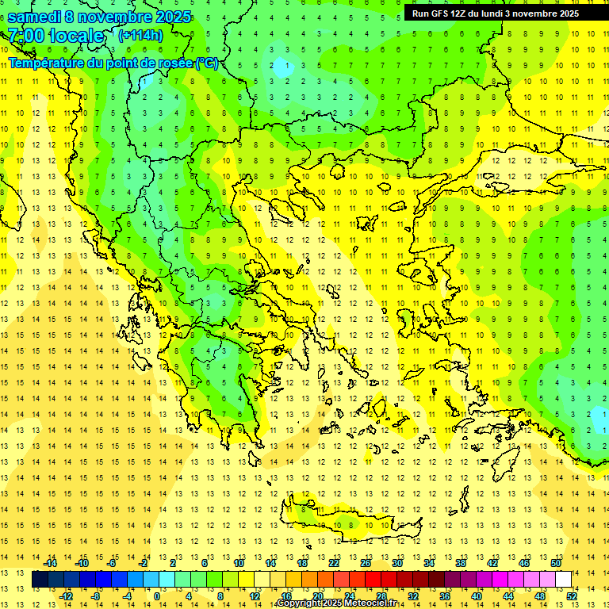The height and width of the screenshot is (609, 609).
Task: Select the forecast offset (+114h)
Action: click(140, 36)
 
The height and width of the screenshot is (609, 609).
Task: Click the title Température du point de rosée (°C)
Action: click(113, 63)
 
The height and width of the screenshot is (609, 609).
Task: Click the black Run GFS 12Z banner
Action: click(496, 13)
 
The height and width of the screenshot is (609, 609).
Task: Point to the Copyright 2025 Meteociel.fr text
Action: click(336, 603)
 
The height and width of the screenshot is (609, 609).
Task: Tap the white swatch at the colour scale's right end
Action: click(563, 580)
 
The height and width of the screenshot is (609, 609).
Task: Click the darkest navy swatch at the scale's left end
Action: click(40, 580)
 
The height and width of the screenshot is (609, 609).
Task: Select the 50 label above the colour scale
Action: click(555, 563)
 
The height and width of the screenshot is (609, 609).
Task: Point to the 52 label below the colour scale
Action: click(571, 596)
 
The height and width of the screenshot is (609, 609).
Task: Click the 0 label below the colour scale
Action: click(157, 596)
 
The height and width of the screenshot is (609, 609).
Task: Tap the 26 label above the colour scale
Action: click(366, 563)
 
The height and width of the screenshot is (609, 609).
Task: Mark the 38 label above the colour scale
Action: click(461, 563)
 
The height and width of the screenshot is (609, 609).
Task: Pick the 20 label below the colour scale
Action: click(317, 596)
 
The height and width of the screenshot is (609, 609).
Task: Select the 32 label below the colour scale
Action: click(412, 596)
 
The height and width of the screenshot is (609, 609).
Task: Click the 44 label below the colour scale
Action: click(507, 596)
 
